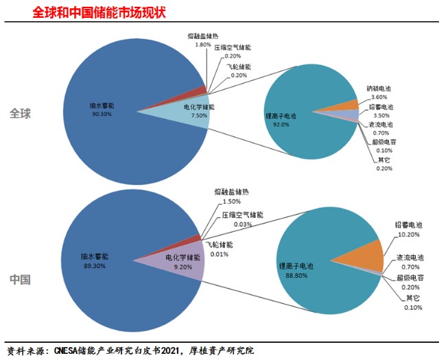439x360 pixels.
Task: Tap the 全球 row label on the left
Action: click(x=21, y=113)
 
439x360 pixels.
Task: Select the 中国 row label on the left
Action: click(x=21, y=280)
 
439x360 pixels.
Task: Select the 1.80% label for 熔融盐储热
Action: click(x=203, y=44)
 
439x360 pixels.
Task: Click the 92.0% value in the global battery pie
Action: click(x=285, y=125)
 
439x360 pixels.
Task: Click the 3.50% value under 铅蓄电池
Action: click(x=380, y=116)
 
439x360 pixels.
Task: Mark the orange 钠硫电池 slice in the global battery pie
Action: click(x=348, y=104)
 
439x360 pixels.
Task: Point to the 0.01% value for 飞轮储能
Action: click(x=219, y=254)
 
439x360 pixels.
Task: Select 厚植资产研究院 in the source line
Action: click(x=219, y=350)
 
